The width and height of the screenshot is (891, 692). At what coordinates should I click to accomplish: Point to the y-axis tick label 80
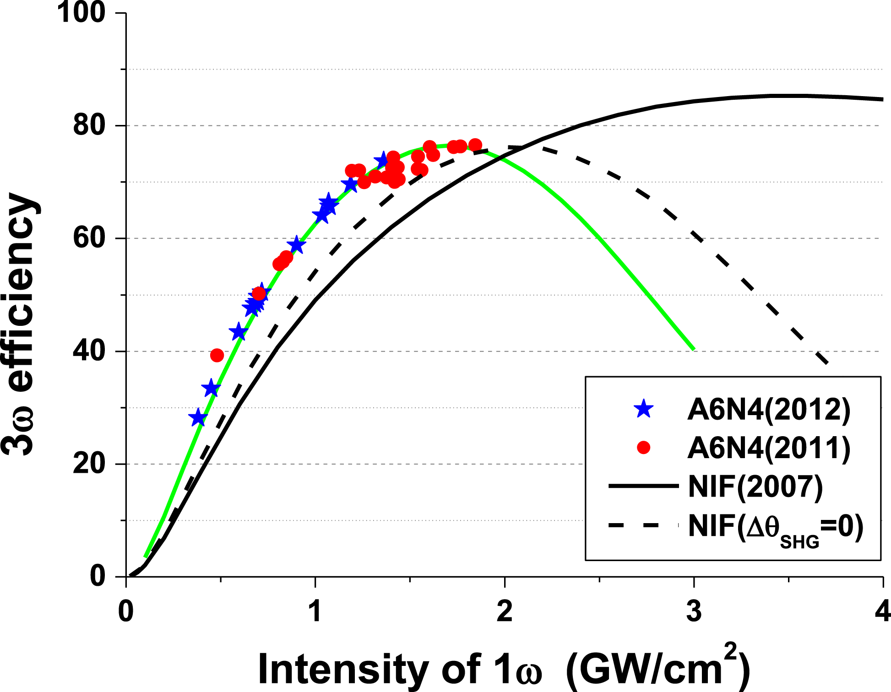pyautogui.click(x=89, y=125)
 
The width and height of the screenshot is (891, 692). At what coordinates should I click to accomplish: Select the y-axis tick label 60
pyautogui.click(x=89, y=238)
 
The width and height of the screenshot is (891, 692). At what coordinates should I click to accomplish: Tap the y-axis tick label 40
pyautogui.click(x=89, y=351)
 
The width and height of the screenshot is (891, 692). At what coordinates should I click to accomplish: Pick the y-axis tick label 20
pyautogui.click(x=89, y=464)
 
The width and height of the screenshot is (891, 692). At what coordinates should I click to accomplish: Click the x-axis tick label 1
pyautogui.click(x=315, y=611)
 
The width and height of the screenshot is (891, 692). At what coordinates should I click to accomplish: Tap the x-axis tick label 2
pyautogui.click(x=504, y=611)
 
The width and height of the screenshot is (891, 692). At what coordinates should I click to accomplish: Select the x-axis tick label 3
pyautogui.click(x=694, y=611)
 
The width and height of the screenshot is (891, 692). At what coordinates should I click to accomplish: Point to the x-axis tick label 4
pyautogui.click(x=882, y=611)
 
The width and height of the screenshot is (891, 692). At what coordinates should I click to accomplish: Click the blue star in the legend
pyautogui.click(x=644, y=409)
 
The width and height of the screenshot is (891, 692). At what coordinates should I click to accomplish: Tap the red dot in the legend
pyautogui.click(x=644, y=448)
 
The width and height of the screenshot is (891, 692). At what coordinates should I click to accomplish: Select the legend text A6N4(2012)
pyautogui.click(x=769, y=409)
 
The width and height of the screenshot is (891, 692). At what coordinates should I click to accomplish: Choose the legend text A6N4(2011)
pyautogui.click(x=769, y=448)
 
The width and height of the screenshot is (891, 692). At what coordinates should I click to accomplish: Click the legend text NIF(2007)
pyautogui.click(x=755, y=487)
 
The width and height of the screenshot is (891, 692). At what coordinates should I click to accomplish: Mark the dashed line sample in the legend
pyautogui.click(x=643, y=525)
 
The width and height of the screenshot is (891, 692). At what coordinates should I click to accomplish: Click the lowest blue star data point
pyautogui.click(x=198, y=418)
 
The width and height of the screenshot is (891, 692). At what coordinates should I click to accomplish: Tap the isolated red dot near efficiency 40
pyautogui.click(x=217, y=355)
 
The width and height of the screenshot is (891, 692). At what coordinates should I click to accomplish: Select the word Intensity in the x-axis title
pyautogui.click(x=343, y=669)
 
